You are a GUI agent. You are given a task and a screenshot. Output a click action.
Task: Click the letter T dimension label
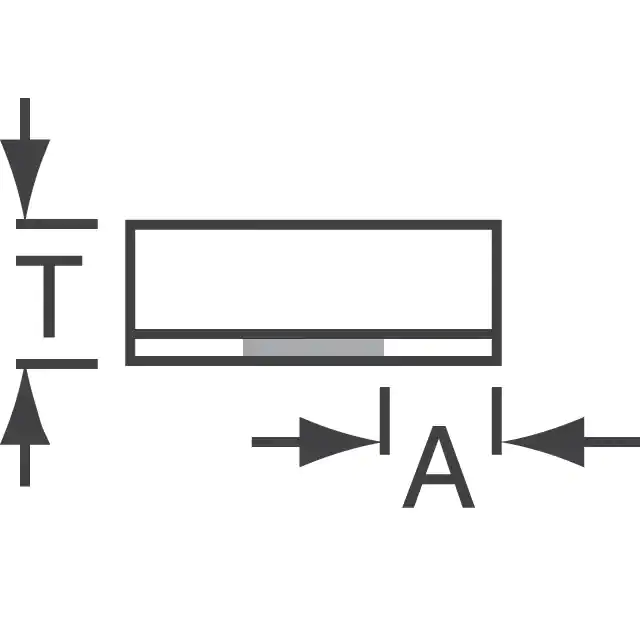click(x=49, y=297)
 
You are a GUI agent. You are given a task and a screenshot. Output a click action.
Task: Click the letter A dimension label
click(x=438, y=467)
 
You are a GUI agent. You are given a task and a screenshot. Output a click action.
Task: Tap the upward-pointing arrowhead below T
click(x=25, y=407)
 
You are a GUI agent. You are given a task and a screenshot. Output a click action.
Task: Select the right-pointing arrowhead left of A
click(x=340, y=442)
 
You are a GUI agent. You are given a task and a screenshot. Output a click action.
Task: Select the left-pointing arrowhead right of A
click(x=543, y=442)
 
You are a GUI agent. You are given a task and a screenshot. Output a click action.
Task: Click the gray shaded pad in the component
click(x=313, y=347)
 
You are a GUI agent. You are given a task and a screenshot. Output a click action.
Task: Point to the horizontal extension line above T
click(x=57, y=224)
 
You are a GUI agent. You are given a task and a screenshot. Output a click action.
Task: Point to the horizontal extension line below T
click(x=57, y=364)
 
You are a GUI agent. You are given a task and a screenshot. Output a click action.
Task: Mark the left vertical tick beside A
click(x=384, y=421)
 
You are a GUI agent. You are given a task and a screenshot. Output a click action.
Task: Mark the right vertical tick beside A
click(x=497, y=421)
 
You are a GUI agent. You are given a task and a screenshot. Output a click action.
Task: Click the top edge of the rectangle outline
click(x=313, y=225)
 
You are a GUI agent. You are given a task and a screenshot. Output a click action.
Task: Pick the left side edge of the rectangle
click(x=130, y=293)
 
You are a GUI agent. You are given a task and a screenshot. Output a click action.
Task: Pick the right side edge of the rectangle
click(x=497, y=293)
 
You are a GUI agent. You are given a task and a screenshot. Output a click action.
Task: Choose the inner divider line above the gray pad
click(x=313, y=334)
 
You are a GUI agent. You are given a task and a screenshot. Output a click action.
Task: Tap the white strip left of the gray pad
click(x=189, y=347)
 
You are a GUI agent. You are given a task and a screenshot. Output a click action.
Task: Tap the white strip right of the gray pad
click(x=438, y=347)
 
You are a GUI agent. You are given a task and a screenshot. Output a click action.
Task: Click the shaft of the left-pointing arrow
click(x=612, y=442)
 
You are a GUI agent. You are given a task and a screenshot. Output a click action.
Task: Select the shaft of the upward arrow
click(x=25, y=465)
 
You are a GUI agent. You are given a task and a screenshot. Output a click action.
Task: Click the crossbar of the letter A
click(x=438, y=480)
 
